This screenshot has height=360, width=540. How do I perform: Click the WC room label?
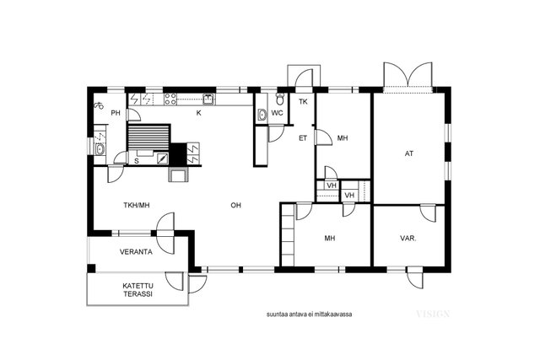[277, 113]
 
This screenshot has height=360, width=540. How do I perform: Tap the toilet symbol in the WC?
[280, 99]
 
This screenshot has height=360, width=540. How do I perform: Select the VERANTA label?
[136, 252]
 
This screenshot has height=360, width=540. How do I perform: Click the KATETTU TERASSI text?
[138, 290]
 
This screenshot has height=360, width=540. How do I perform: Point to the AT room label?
[408, 153]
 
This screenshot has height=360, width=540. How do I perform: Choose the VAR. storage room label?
[408, 238]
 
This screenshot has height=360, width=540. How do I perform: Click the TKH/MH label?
[137, 206]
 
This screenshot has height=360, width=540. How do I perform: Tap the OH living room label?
[236, 206]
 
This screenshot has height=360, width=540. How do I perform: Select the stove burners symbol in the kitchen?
[170, 99]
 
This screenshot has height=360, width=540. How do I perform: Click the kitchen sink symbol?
[208, 99]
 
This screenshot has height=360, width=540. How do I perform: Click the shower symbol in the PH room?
[99, 105]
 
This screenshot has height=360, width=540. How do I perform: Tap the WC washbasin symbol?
[262, 115]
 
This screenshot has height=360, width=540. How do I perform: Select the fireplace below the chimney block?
[178, 175]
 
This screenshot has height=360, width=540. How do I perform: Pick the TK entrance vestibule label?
[303, 102]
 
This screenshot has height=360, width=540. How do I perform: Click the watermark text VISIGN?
[433, 314]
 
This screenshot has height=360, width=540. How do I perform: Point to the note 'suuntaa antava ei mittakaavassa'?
[310, 314]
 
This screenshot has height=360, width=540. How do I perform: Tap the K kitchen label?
[199, 113]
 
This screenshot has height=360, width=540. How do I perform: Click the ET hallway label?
[303, 138]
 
